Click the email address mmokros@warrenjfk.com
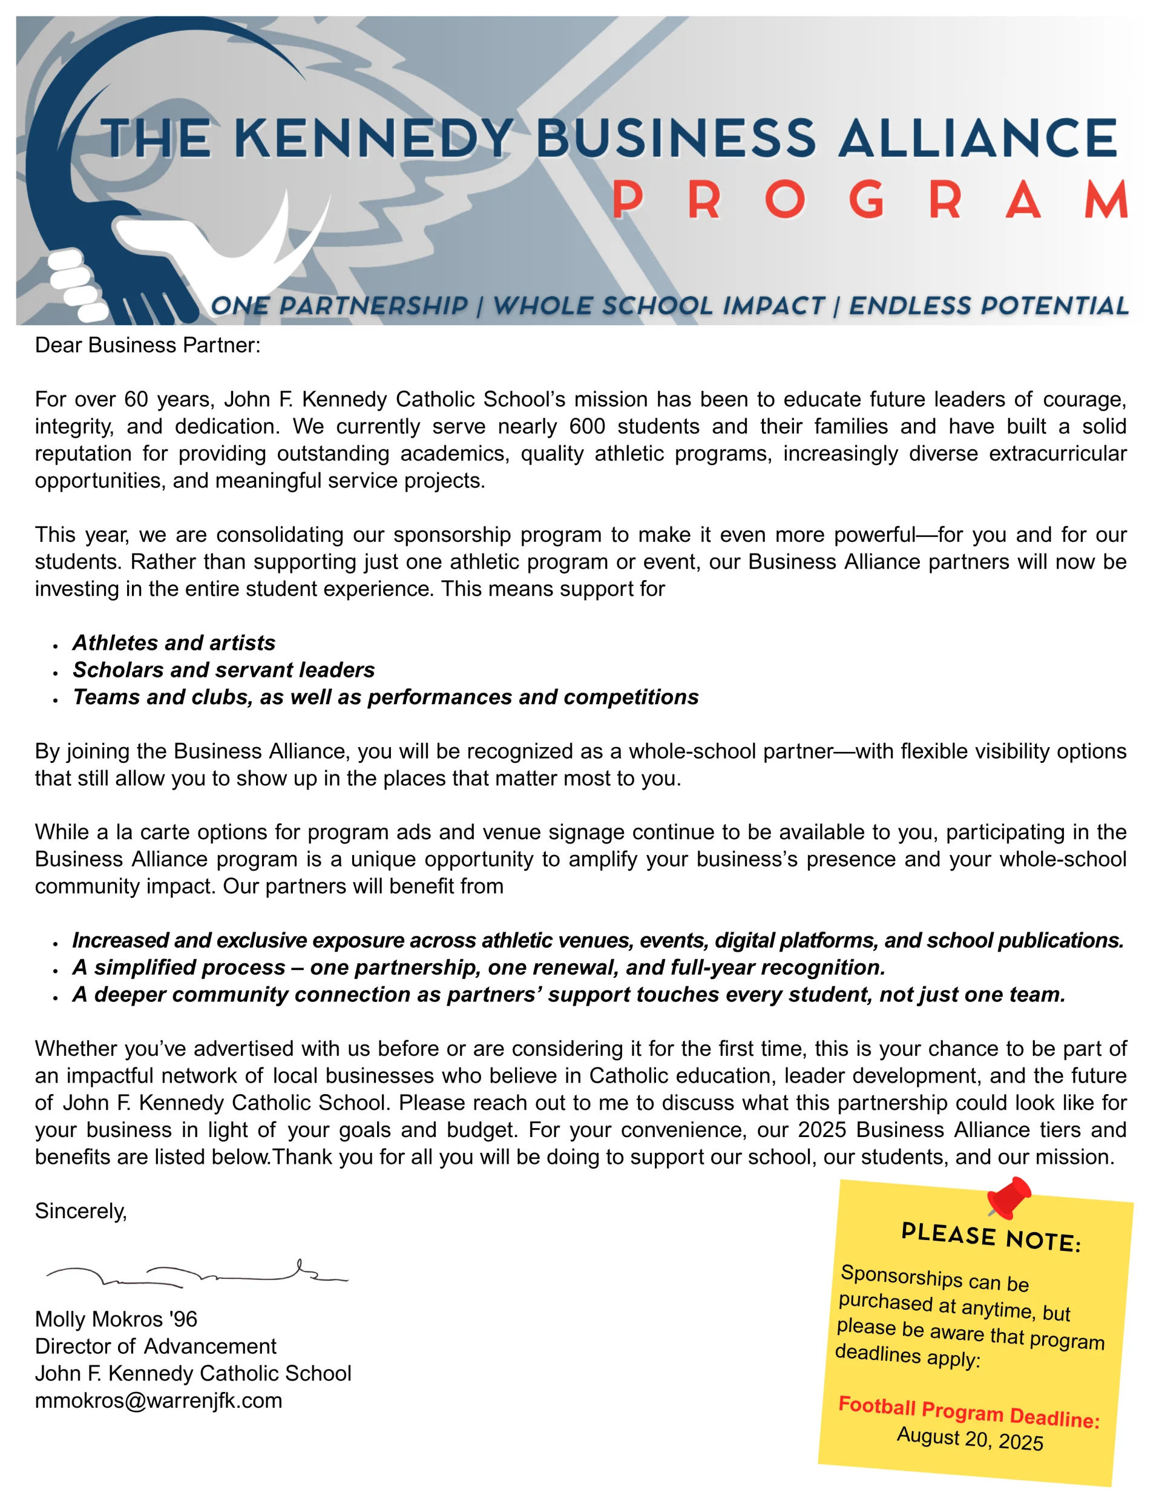point(159,1400)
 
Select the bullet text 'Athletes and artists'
point(174,642)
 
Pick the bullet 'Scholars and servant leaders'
point(224,670)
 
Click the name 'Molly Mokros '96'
point(116,1319)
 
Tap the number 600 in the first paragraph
point(586,426)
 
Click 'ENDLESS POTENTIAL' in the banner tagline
point(988,305)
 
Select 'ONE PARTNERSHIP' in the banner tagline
point(339,305)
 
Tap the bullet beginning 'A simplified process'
point(479,967)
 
